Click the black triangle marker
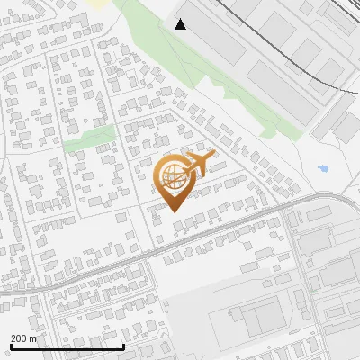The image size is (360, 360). pos(181,24)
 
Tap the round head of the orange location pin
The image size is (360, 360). pos(175,176)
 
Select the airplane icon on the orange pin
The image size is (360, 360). pos(197,163)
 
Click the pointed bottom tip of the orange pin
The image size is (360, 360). pos(175,211)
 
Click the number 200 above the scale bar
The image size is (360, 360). pos(19,338)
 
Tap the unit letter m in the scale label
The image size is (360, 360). pos(33,338)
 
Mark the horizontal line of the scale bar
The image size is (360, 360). pos(67,346)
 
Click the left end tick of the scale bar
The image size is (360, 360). pos(12,345)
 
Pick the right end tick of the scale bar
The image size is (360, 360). pos(123,345)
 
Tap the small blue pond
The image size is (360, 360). pos(324,168)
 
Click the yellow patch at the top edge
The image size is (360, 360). pos(98,3)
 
